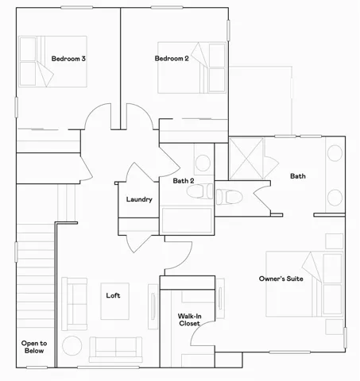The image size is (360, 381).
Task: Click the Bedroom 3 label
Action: (x=68, y=59)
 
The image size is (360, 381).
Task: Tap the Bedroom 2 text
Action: (x=171, y=58)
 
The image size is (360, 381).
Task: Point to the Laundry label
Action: (x=139, y=199)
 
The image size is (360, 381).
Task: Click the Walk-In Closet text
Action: (x=189, y=320)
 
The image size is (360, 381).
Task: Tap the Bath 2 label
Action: (x=184, y=181)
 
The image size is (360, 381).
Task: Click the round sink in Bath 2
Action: (x=203, y=164)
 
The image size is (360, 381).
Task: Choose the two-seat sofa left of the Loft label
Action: (x=75, y=303)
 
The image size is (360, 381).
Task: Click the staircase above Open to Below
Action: (x=34, y=270)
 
